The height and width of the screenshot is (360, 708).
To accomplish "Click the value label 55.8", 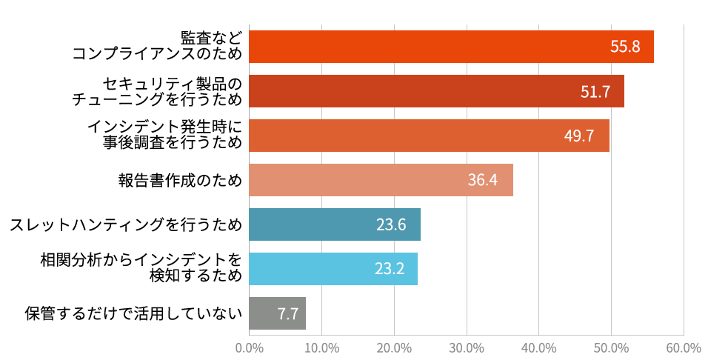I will tap(625, 47).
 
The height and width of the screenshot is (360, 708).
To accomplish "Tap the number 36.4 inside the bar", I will tap(482, 180).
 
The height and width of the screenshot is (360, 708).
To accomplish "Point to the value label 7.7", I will tap(288, 314).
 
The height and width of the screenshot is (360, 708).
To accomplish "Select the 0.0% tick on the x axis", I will tap(250, 347).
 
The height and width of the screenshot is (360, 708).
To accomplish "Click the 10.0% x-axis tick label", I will tap(322, 347).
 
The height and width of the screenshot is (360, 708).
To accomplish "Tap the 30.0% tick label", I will tap(467, 347).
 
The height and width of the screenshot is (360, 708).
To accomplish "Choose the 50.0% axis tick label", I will tap(611, 347).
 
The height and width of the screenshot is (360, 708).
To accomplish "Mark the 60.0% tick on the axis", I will tap(683, 347).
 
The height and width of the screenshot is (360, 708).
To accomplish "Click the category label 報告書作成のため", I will tap(180, 180).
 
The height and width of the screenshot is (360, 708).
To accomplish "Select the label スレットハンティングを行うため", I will tap(126, 224).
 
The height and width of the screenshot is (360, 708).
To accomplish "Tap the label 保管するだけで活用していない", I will tap(133, 313).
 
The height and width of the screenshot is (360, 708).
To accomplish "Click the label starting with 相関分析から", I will tap(141, 268).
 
